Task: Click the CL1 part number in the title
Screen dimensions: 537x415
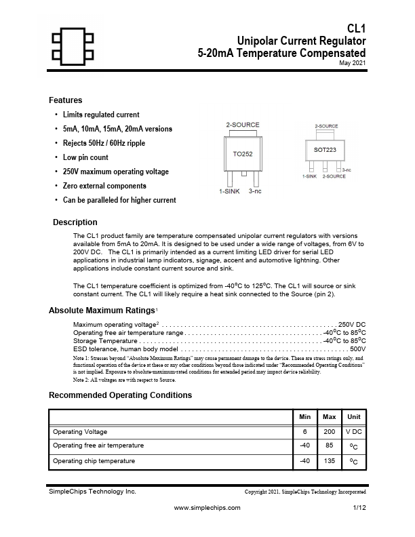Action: [x=356, y=29]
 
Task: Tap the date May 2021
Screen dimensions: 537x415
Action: [x=353, y=63]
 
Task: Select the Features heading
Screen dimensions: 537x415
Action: [x=66, y=100]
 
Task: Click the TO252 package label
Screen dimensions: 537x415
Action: [x=243, y=154]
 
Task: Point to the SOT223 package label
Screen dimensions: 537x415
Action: [x=325, y=149]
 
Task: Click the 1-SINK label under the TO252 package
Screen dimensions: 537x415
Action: [x=229, y=192]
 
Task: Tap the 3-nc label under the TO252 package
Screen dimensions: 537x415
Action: [x=255, y=192]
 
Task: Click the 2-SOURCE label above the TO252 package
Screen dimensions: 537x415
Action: [x=243, y=125]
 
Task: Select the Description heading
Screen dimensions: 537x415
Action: [x=75, y=222]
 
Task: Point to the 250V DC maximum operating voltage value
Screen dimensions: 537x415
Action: [x=352, y=325]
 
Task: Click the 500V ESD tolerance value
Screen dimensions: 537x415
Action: [x=357, y=349]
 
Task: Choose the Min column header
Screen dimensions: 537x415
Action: [x=305, y=416]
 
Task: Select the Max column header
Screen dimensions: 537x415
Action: [x=330, y=416]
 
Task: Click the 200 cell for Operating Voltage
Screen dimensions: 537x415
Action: [x=330, y=432]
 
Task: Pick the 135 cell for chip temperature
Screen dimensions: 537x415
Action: [x=330, y=461]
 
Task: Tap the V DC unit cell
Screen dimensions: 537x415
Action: [x=354, y=432]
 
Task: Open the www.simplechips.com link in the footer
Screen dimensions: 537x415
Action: [x=207, y=507]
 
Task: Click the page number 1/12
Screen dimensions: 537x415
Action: [x=359, y=507]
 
